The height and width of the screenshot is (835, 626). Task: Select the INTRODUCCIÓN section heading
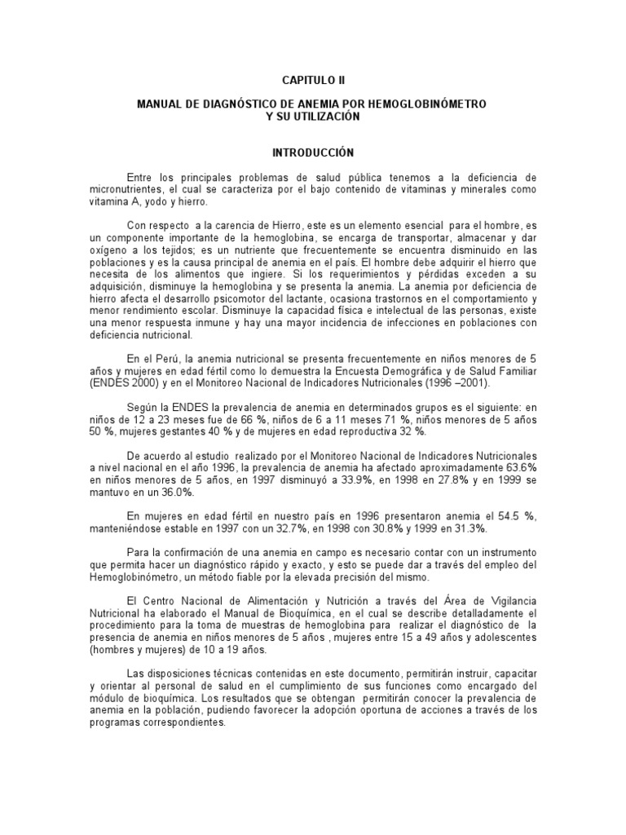click(313, 152)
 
